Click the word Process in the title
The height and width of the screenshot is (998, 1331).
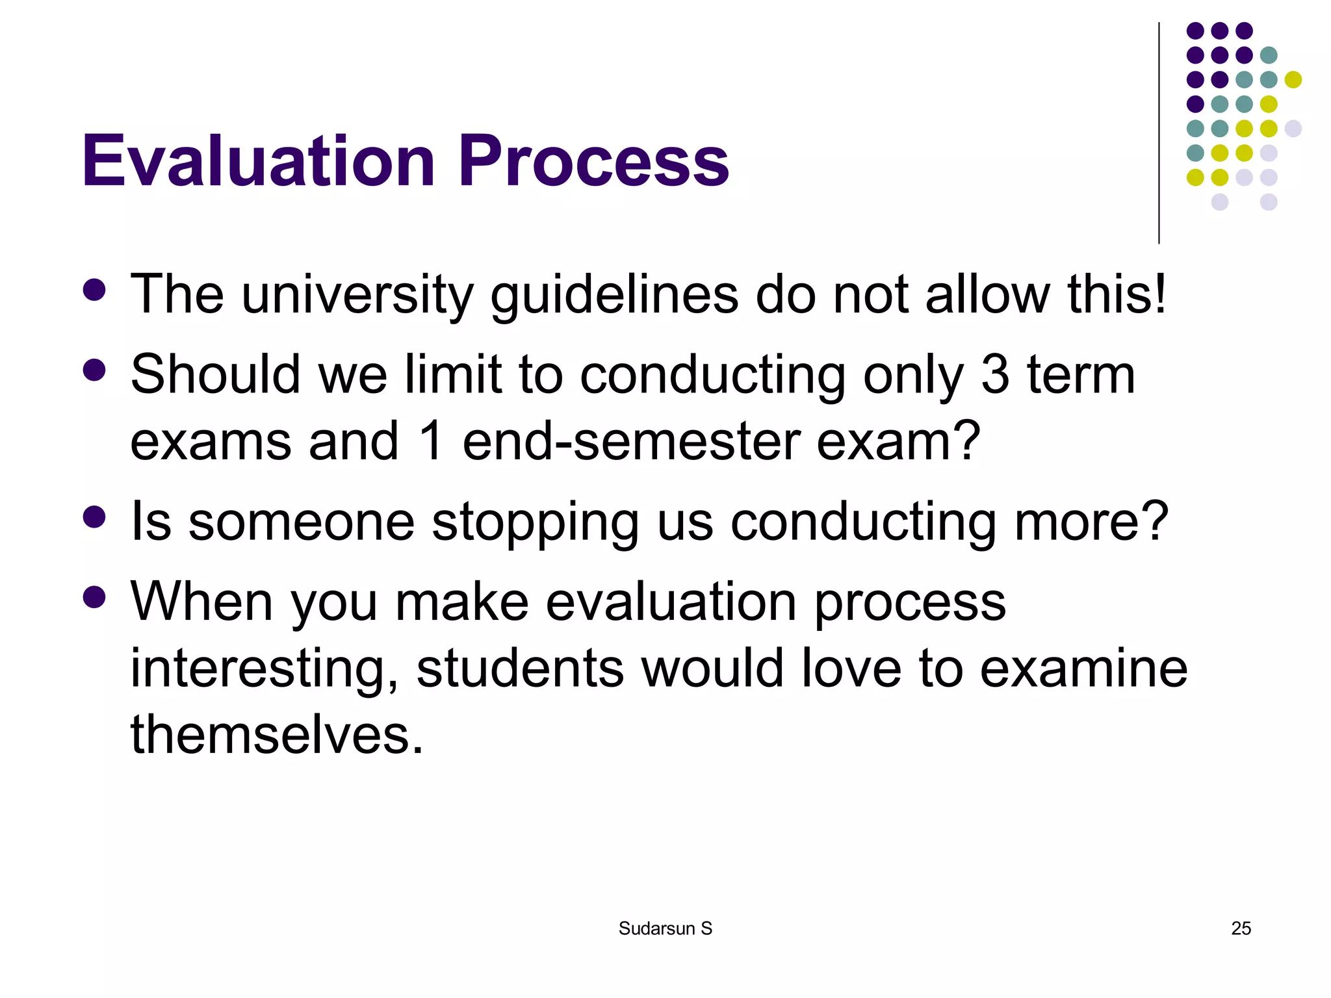(593, 160)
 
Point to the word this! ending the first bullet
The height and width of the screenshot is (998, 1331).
(1117, 294)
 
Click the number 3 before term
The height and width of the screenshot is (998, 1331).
(994, 375)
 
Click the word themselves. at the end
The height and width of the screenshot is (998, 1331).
(277, 735)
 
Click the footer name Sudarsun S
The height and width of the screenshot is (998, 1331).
(665, 928)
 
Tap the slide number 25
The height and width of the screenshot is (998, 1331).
(1241, 928)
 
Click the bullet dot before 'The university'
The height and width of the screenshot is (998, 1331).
(95, 290)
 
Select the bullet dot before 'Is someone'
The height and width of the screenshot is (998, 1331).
(95, 517)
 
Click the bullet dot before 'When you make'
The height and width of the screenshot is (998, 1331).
(95, 597)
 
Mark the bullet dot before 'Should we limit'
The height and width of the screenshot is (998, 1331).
(95, 370)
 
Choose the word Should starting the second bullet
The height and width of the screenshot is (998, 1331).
(215, 375)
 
